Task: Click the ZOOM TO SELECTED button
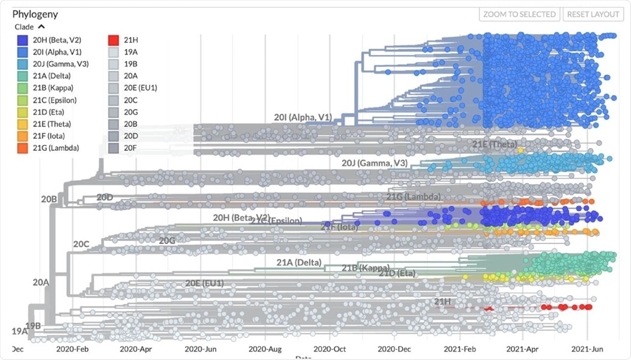(x=520, y=14)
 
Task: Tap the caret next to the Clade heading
(x=41, y=27)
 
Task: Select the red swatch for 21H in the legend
(x=112, y=40)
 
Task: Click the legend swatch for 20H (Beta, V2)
(x=23, y=40)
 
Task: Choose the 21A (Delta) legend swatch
(x=23, y=76)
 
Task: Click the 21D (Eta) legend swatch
(x=23, y=112)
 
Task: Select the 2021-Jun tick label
(x=587, y=349)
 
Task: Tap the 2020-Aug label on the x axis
(x=266, y=349)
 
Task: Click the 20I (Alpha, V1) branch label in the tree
(x=303, y=118)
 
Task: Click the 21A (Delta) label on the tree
(x=299, y=262)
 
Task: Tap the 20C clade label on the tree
(x=81, y=244)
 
